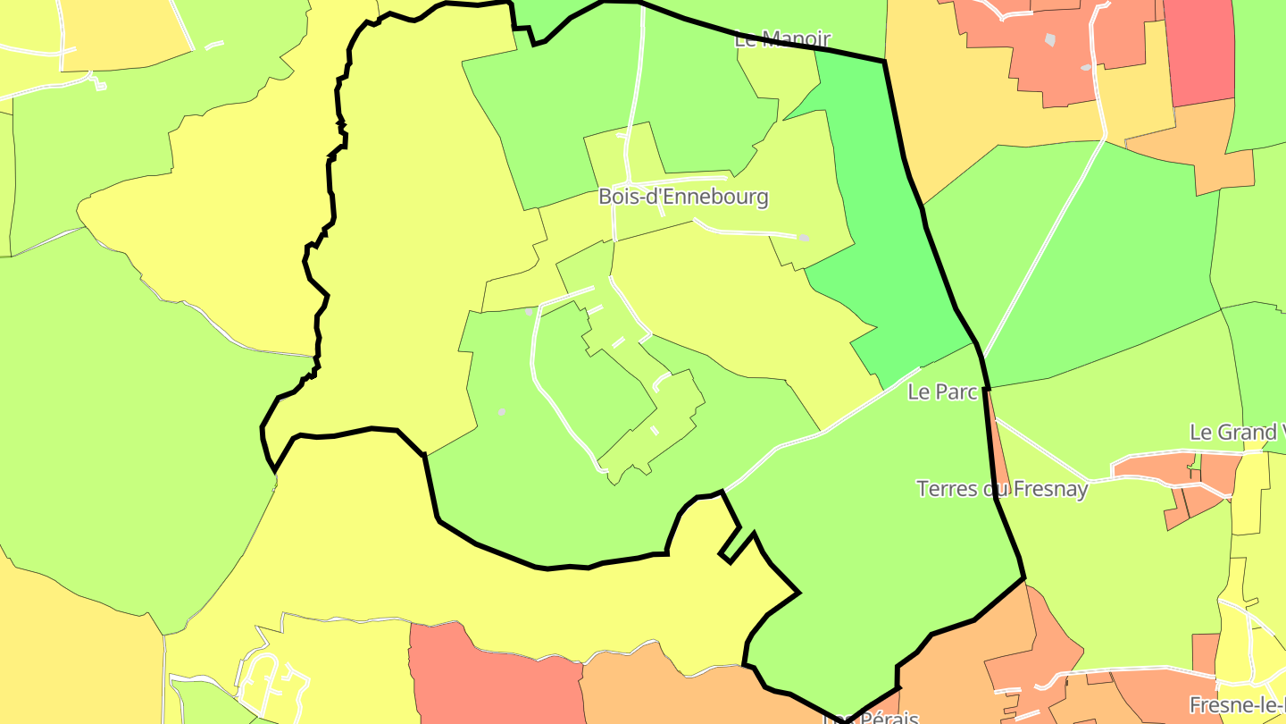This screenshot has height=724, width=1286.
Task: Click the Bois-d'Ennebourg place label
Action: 683,197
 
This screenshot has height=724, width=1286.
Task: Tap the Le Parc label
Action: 942,391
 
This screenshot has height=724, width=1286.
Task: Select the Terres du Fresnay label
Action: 1002,489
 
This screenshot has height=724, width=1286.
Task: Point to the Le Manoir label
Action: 782,39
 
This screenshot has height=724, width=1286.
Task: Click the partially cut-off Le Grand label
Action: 1236,433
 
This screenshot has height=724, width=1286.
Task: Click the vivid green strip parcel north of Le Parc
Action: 884,223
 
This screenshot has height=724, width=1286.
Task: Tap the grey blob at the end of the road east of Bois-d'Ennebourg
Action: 804,238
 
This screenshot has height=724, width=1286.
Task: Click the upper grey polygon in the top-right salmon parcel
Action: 1050,40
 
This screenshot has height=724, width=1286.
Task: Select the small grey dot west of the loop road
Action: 502,412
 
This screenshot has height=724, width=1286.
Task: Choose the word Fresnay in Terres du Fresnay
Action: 1057,489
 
